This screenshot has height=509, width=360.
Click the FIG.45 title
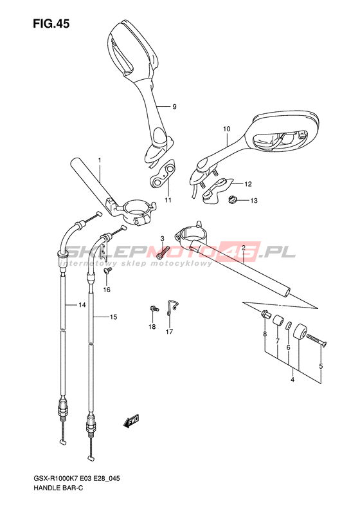tap(51, 24)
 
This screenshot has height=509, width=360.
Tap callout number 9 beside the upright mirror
tap(174, 106)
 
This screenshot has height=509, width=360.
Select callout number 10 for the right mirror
tap(226, 129)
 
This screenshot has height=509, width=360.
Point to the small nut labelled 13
tap(231, 199)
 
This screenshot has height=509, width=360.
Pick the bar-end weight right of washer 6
tap(300, 333)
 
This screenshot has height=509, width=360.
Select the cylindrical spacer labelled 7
tap(278, 320)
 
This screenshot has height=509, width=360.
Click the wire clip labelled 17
tap(171, 307)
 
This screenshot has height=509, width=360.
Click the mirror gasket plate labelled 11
tap(163, 174)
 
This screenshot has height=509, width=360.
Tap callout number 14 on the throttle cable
tap(82, 305)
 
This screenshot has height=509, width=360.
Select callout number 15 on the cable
tap(113, 317)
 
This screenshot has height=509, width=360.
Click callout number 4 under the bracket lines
tap(292, 380)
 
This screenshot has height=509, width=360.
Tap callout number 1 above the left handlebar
tap(100, 160)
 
